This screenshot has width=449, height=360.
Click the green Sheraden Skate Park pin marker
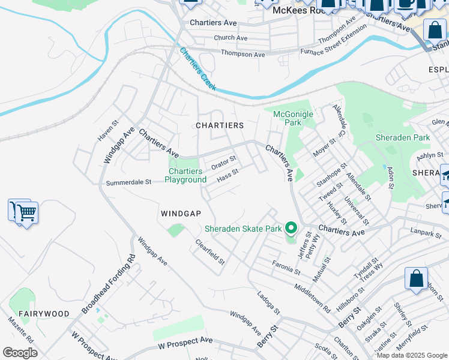(291, 229)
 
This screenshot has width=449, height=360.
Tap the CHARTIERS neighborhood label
(220, 125)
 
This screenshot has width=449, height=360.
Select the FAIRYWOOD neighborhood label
(43, 314)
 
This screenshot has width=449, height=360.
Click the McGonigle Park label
(287, 118)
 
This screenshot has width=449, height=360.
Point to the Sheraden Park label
(403, 137)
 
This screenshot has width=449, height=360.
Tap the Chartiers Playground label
(185, 176)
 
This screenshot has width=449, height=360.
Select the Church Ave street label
(231, 38)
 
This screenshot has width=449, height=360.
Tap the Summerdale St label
(128, 182)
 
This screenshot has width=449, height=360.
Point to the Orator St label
(223, 163)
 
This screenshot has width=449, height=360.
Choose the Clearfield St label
(209, 252)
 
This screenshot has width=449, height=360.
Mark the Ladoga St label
(268, 303)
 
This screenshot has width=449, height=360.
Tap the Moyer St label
(324, 147)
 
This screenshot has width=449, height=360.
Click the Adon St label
(391, 178)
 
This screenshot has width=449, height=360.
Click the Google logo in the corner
(20, 353)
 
